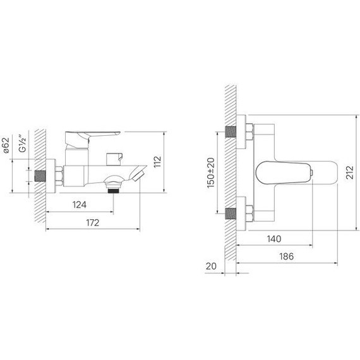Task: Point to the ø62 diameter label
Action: point(6,146)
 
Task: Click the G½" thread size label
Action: point(23,143)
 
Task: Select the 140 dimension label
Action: point(275,239)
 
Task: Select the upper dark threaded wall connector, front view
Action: point(231,134)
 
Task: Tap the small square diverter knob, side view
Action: point(114,157)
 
